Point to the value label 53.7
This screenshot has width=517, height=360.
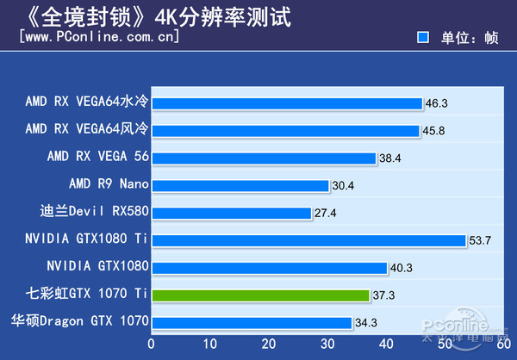click(479, 240)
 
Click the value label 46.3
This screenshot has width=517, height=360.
click(436, 103)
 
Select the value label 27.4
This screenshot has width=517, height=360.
click(325, 213)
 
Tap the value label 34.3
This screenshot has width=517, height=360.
click(366, 323)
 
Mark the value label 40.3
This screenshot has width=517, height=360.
click(402, 268)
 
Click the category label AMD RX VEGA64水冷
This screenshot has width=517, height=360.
click(87, 103)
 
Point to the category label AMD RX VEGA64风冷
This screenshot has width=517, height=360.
click(87, 130)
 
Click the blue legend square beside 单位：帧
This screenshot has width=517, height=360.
click(422, 38)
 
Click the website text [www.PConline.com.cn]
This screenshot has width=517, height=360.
click(99, 37)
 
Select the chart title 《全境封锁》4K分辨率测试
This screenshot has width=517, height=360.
click(146, 16)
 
